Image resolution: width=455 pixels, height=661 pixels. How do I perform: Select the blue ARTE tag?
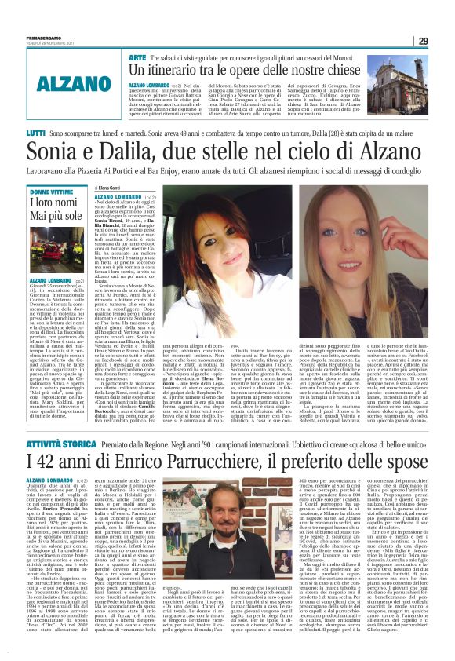136,57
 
